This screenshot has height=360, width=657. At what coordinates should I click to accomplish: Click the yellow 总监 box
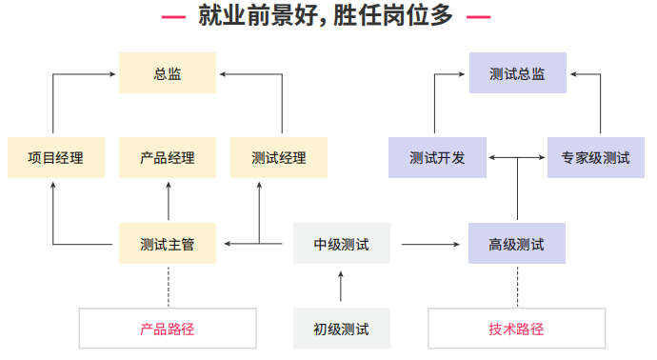coord(168,73)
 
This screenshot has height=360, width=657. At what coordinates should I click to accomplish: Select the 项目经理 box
coord(53,158)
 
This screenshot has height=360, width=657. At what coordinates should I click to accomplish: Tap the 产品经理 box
coord(168,158)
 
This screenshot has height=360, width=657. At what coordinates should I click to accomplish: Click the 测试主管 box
coord(168,244)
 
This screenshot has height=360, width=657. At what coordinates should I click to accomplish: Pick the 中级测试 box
coord(341,244)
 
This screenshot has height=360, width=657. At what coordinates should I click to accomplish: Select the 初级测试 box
coord(341,329)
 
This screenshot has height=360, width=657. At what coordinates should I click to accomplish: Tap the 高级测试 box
coord(517,244)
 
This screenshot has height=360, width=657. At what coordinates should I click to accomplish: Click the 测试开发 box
coord(437,158)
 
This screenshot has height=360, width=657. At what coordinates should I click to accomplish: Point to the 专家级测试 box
coord(595,158)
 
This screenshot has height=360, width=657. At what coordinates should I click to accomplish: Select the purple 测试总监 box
coord(517,73)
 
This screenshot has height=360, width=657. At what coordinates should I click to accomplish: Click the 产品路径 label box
coord(168,329)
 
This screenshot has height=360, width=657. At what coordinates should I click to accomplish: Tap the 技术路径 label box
coord(517,329)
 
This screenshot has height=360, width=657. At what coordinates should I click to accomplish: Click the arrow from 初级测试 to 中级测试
coord(341,287)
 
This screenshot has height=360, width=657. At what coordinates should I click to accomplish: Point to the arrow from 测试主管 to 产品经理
coord(169,201)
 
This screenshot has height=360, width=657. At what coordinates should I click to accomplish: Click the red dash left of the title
coord(173,17)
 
